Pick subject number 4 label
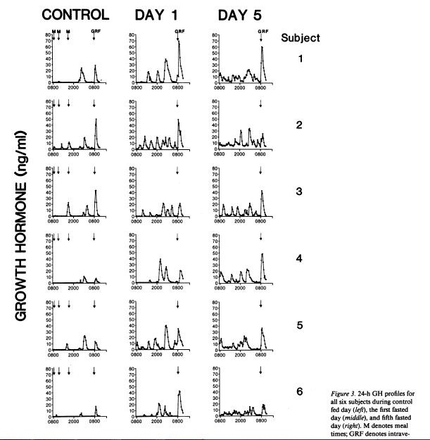[x=301, y=258]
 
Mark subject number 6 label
[x=301, y=391]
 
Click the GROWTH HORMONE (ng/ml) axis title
[x=20, y=225]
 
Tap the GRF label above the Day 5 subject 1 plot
[x=263, y=31]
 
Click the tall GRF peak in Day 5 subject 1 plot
[x=262, y=47]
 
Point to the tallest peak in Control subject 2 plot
[x=96, y=120]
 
